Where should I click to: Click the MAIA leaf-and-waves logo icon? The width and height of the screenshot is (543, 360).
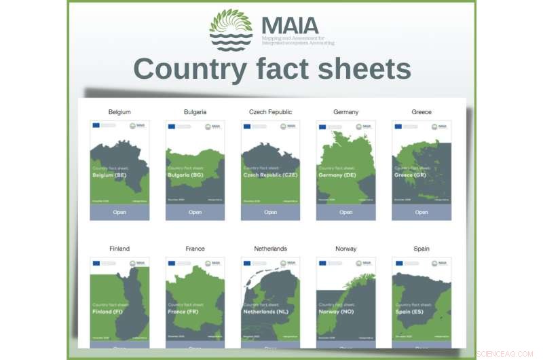coord(231,30)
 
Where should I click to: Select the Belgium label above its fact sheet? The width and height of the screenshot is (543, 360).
coord(119,112)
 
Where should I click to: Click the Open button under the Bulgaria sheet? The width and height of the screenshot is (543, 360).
coord(195,212)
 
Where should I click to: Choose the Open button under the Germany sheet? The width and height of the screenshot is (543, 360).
coord(346,212)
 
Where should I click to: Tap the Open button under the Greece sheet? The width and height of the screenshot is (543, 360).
coord(422,212)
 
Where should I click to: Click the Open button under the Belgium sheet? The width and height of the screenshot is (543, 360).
coord(119,212)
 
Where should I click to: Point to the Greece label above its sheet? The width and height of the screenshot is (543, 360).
coord(422,112)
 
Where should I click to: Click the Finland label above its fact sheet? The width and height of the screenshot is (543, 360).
coord(119,249)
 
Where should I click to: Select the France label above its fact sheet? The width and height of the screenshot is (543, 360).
coord(195,249)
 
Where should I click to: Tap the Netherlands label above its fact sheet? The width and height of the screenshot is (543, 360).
coord(271,249)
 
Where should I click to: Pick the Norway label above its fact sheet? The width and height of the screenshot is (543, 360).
coord(346,249)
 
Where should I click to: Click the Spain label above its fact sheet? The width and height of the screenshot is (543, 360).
coord(422,249)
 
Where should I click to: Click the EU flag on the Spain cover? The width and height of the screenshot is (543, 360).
coord(398,264)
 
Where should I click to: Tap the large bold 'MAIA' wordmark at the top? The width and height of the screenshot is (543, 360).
coord(290,26)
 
